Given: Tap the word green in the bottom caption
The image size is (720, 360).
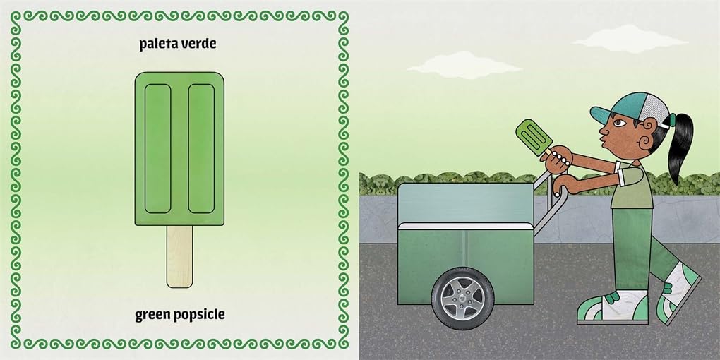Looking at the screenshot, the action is [152, 315].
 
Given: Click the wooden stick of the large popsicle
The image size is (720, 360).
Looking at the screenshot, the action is [179, 256].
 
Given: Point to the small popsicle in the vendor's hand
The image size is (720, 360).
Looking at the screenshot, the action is [534, 138].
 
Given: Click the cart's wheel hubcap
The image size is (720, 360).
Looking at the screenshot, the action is [462, 298].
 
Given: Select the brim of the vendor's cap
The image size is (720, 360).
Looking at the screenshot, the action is [602, 116].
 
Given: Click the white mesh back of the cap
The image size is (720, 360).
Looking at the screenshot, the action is [655, 110].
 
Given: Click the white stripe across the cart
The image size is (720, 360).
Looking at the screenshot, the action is [466, 226].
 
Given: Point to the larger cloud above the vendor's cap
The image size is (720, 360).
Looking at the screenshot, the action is [630, 39].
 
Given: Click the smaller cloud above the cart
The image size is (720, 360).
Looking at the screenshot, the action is [464, 65].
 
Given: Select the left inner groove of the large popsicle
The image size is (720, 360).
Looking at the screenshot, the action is [158, 148].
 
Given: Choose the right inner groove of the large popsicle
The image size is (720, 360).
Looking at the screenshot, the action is [202, 148].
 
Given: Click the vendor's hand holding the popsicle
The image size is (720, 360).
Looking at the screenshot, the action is [556, 160].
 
